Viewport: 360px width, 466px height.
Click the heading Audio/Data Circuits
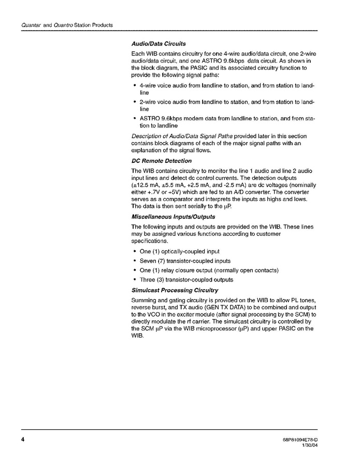coord(159,44)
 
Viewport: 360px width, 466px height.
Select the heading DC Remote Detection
coord(161,161)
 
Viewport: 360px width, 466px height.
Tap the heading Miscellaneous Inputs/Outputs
coord(173,216)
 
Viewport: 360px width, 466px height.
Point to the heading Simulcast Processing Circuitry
coord(175,290)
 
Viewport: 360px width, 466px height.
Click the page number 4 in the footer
coord(23,441)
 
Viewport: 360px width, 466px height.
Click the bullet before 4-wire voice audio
coord(135,84)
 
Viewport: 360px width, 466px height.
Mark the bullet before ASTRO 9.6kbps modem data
coord(135,118)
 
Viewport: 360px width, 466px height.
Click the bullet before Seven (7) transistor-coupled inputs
coord(135,261)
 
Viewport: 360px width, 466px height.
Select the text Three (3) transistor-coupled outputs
coord(179,279)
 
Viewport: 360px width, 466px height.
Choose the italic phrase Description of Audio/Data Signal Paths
coord(182,136)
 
